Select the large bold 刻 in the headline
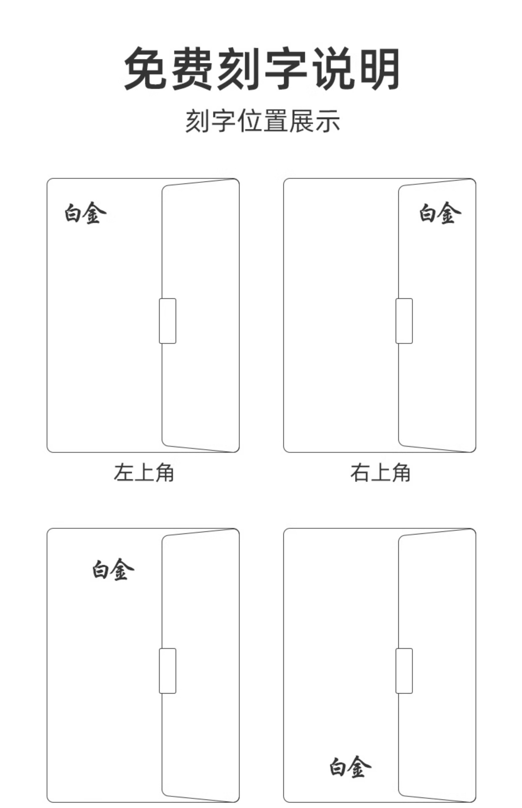239,69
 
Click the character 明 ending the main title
378,69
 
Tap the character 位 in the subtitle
250,121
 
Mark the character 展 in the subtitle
302,121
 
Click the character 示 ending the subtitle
328,121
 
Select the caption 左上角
144,472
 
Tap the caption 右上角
380,472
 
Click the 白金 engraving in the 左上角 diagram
85,213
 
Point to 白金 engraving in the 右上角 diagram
439,213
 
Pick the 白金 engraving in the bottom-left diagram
113,570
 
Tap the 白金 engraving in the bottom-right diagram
350,767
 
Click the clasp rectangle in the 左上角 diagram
168,321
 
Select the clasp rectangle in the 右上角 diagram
404,321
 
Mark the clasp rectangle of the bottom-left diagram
168,671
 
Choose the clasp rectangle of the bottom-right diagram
404,671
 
